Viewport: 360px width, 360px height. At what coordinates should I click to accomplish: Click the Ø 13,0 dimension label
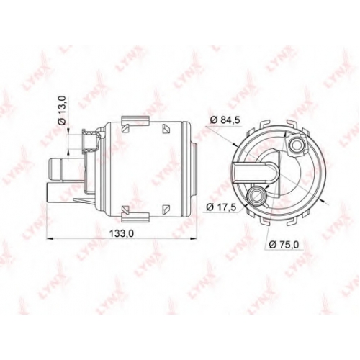[62, 110]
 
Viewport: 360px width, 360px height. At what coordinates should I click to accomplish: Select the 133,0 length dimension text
[121, 233]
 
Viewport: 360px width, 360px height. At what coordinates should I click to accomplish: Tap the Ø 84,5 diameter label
[225, 120]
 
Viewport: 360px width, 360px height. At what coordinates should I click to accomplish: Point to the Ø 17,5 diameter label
[222, 207]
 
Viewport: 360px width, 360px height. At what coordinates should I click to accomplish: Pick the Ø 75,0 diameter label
[284, 245]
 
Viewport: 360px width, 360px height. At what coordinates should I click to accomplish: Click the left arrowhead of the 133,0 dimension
[49, 238]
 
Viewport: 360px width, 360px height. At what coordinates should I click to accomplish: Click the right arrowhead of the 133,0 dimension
[193, 238]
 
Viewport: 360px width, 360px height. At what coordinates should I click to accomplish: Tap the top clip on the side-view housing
[135, 120]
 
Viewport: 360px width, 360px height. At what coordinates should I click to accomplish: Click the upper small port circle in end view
[297, 145]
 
